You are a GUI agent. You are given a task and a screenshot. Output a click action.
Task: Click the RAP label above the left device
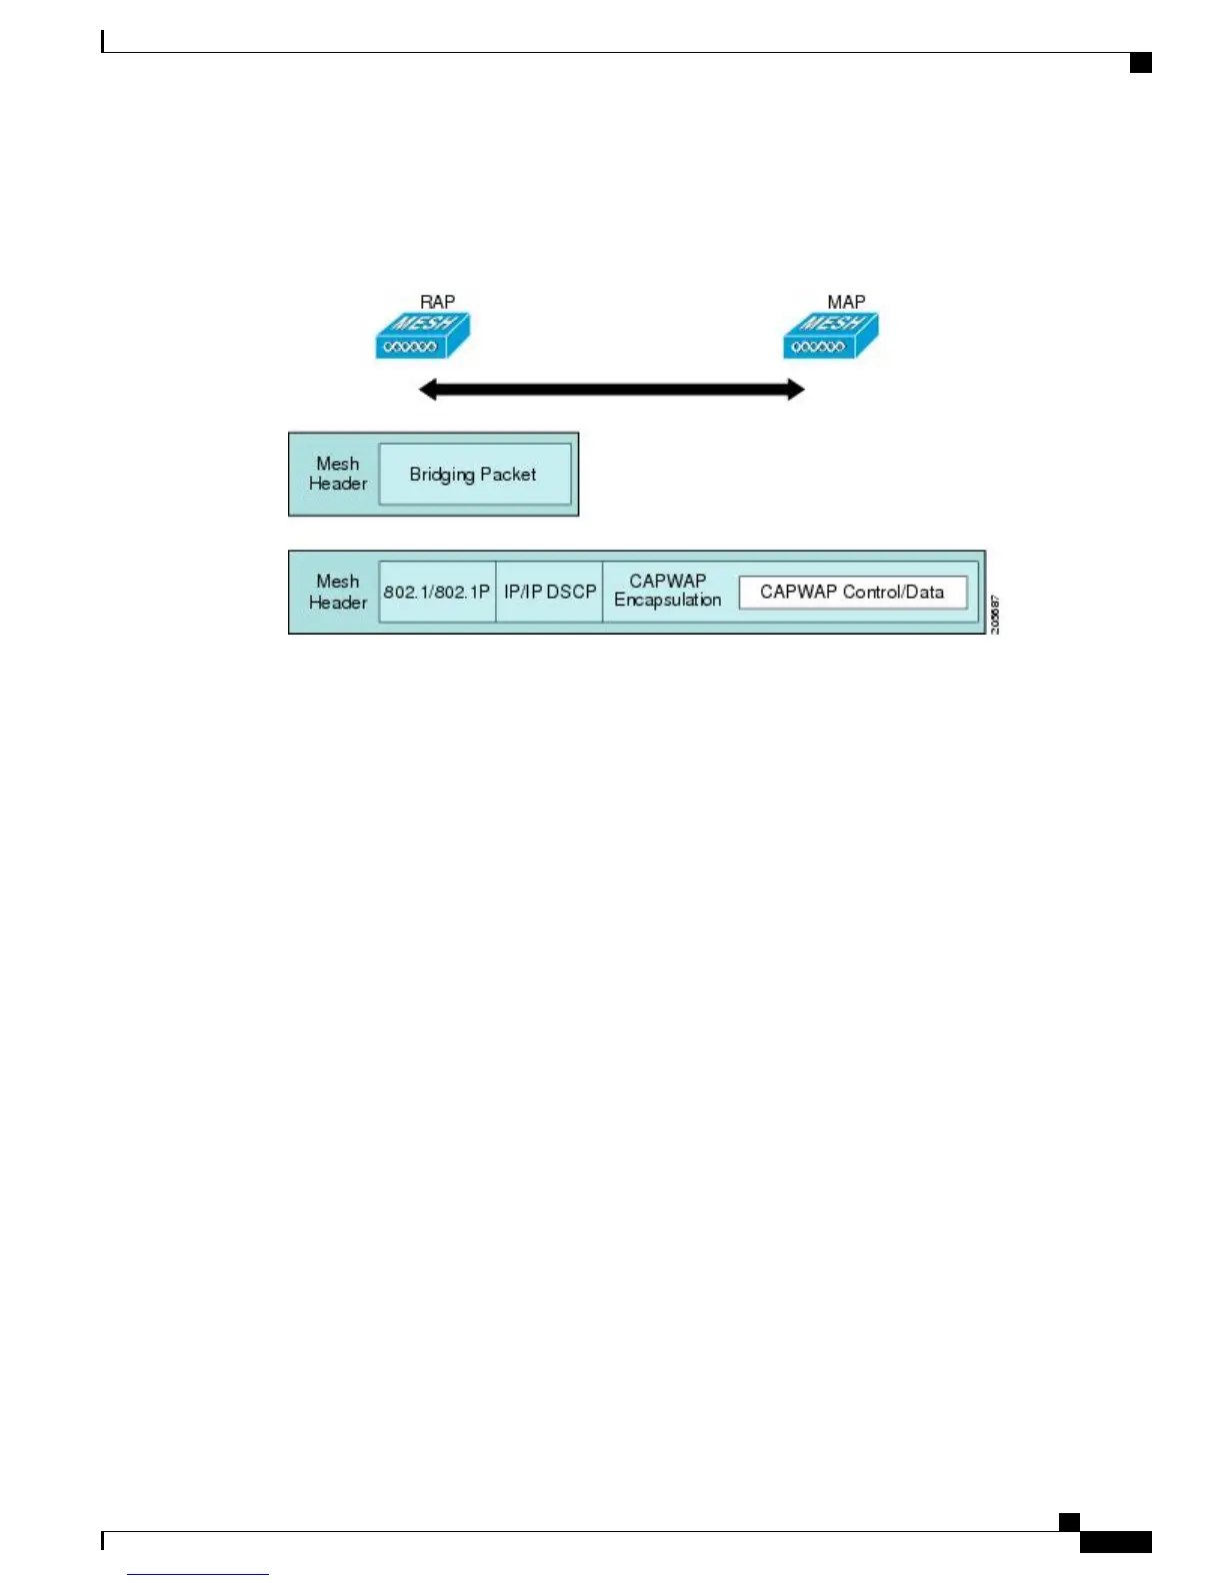coord(437,302)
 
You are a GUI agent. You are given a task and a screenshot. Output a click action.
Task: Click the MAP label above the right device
coord(846,302)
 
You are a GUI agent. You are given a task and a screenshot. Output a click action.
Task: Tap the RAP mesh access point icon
coord(422,336)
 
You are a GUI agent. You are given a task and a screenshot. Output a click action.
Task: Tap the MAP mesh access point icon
coord(830,336)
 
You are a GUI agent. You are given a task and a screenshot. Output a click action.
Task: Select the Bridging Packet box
coord(474,475)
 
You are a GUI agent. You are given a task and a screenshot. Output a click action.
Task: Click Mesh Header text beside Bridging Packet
coord(338,474)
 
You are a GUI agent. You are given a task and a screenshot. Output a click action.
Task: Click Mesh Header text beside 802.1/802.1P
coord(338,592)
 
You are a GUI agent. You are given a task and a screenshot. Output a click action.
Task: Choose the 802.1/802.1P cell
coord(437,592)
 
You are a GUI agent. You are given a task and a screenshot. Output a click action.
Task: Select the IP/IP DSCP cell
coord(549,592)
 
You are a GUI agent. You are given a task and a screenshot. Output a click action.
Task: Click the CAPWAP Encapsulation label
coord(667,591)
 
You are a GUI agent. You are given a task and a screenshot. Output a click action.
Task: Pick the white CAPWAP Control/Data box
coord(852,592)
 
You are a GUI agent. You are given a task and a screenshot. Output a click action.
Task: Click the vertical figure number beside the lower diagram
coord(995,614)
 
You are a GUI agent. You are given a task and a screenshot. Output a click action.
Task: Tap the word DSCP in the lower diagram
coord(572,592)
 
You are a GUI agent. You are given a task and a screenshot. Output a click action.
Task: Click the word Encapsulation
coord(667,601)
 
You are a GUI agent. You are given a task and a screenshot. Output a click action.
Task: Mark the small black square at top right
coord(1141,63)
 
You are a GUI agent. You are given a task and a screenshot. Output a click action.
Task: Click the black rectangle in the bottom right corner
coord(1115,1542)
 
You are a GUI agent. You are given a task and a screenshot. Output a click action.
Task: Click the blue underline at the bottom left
coord(198,1574)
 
